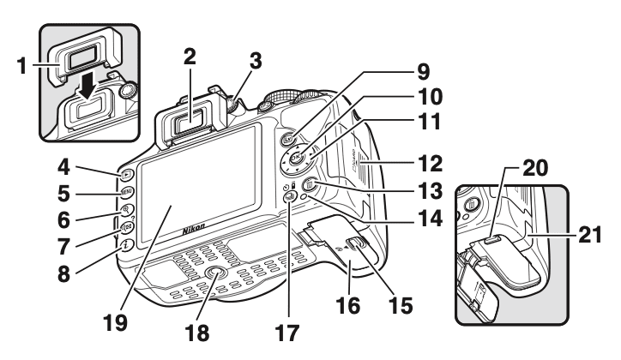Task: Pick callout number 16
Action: [x=349, y=297]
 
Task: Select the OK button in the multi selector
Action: [x=295, y=158]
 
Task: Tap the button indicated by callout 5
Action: [x=124, y=192]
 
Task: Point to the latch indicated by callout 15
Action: [x=359, y=246]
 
